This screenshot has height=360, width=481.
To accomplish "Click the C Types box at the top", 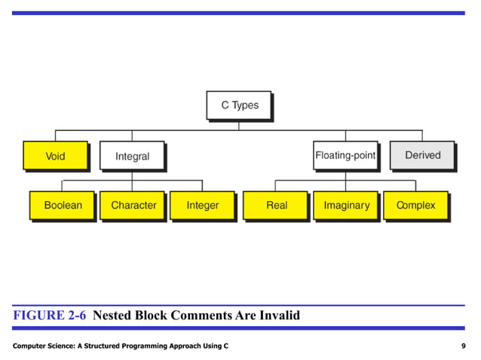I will point(239,105).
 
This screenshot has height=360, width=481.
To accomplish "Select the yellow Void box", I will point(55,157).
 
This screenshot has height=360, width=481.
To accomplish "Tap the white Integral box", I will point(132,157).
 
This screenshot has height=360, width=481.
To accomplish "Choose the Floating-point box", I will point(345,156).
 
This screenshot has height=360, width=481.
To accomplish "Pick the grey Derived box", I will point(422,156).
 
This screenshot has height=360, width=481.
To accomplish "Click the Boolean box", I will point(63,205).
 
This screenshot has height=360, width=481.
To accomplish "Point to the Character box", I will point(133,205).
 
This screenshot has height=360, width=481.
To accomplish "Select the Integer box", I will point(202,205).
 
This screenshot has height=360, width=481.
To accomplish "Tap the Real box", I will point(276,205).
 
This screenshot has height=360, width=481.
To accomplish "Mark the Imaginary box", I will point(346,205).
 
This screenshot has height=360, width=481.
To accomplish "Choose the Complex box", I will point(415,205).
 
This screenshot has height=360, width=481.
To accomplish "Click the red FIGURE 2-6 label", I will point(49,316).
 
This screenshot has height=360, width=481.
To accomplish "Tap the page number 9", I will point(462,345).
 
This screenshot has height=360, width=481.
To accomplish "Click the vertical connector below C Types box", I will point(239,125).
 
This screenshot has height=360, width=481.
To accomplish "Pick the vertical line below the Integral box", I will point(132,175).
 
